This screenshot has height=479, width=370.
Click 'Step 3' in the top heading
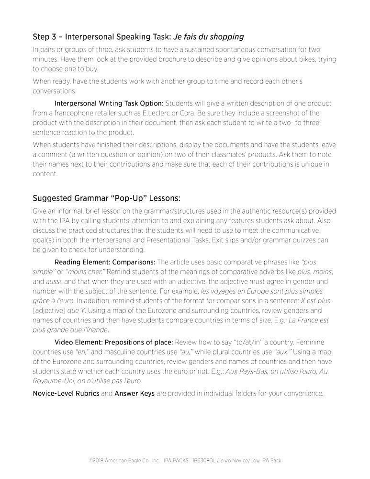pos(46,36)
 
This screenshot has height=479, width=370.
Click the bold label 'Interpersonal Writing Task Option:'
pos(109,103)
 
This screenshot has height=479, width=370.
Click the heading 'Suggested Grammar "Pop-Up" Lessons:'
pos(106,198)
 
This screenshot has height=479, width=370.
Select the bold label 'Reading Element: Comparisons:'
pos(105,262)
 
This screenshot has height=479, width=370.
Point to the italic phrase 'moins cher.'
pos(81,272)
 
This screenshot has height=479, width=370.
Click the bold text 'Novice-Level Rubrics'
pos(66,394)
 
